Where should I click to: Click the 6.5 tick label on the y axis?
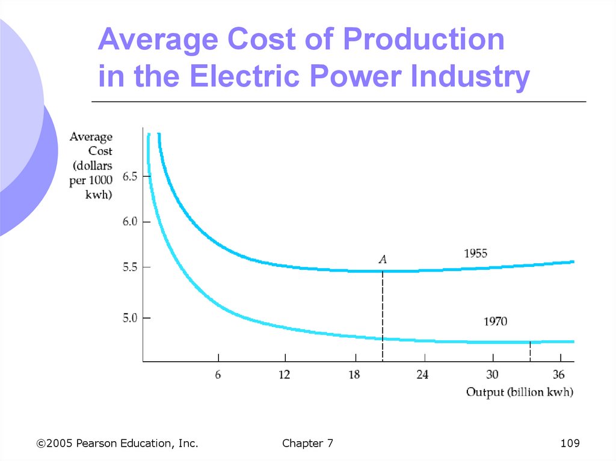tap(130, 177)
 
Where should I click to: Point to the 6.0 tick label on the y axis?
tap(130, 221)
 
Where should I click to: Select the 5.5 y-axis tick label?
tap(130, 267)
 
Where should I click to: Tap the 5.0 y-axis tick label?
tap(130, 318)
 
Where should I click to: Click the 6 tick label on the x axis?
tap(218, 374)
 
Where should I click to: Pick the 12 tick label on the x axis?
tap(284, 374)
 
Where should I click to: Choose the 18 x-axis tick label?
tap(354, 374)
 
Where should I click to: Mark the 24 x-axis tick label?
tap(422, 374)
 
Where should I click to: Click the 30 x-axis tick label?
tap(492, 374)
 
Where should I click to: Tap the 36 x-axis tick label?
tap(558, 374)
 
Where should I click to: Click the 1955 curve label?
tap(475, 254)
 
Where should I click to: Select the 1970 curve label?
tap(495, 322)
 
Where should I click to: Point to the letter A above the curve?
tap(383, 260)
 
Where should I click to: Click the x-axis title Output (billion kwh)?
tap(520, 392)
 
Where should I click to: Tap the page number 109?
tap(569, 444)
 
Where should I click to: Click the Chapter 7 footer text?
tap(307, 444)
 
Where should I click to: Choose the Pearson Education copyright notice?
tap(117, 444)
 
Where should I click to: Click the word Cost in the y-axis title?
tap(100, 151)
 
